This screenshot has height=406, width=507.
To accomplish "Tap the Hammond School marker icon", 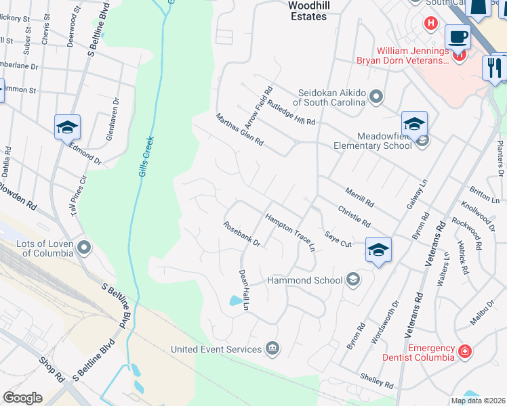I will click(352, 279).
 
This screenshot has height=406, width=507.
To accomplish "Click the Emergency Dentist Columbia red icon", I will click(464, 351).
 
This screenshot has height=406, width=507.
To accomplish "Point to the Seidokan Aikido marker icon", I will click(376, 99).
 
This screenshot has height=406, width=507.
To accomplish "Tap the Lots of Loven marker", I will click(84, 248).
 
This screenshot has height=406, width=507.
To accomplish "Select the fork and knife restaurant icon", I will click(495, 68).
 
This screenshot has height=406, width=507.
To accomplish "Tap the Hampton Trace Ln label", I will click(290, 233).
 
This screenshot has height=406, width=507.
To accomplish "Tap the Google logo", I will click(23, 397).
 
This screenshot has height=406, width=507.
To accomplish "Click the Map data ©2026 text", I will click(477, 401).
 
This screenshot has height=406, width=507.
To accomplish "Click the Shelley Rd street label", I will click(378, 381).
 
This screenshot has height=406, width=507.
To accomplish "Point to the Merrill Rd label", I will click(359, 198).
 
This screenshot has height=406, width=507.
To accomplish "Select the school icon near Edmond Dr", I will click(68, 127).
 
